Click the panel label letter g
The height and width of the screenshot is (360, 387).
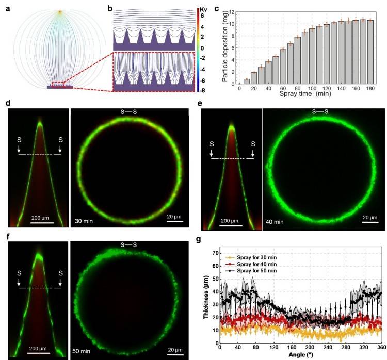coord(200,239)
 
